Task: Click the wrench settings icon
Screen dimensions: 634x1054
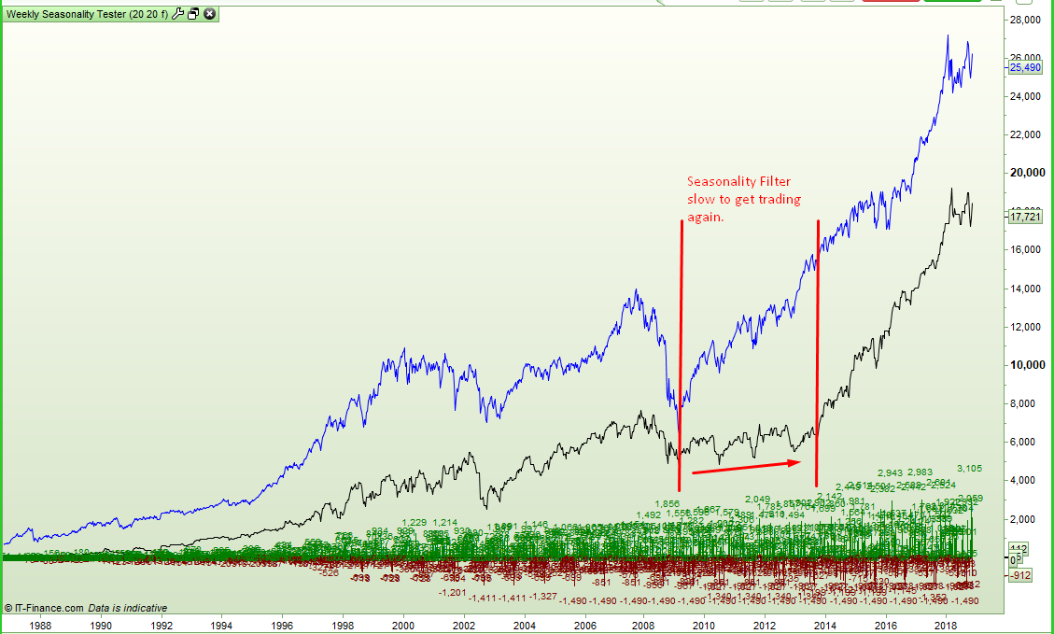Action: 177,14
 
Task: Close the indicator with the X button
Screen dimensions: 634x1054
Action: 209,14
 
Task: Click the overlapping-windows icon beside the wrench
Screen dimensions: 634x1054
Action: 193,14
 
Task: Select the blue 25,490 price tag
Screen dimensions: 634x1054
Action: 1025,67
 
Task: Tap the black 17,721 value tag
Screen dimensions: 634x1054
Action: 1025,217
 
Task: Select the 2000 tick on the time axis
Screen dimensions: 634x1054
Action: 403,626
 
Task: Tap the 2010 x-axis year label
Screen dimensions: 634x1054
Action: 704,626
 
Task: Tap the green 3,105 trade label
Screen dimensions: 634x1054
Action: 969,469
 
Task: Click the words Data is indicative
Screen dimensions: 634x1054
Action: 128,607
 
